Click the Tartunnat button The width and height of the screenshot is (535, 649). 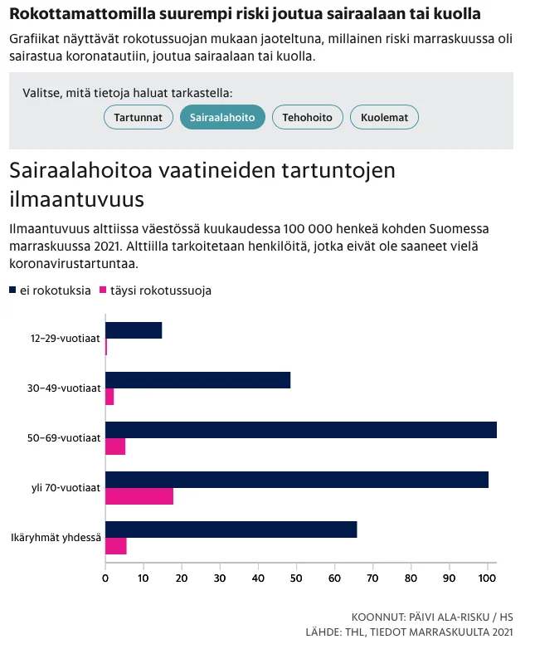138,118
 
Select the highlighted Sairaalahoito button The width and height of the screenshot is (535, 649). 222,118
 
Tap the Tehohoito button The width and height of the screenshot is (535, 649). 307,118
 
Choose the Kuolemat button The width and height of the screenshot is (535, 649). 384,118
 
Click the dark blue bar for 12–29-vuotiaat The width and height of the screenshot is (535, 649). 134,330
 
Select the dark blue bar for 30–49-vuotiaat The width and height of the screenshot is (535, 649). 197,380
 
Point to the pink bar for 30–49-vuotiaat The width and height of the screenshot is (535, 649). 109,398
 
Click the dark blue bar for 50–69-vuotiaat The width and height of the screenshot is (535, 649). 300,430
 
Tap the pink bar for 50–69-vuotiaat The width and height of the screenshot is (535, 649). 115,447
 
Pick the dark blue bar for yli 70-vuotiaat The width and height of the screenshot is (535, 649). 296,480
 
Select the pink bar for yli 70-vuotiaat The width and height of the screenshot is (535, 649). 139,497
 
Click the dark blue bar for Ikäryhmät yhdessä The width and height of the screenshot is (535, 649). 231,529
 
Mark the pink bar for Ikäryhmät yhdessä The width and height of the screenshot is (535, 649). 116,546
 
